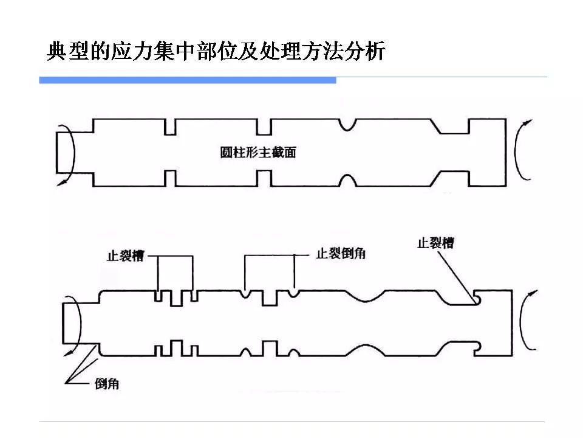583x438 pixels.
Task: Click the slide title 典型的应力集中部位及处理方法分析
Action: pos(216,52)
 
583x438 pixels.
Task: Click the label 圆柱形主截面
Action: pos(257,153)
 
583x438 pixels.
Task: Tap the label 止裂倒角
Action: pos(340,254)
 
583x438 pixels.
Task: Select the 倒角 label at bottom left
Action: pos(107,384)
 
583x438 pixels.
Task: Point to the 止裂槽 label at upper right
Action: pos(435,243)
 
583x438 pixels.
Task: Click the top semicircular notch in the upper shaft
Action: pos(348,123)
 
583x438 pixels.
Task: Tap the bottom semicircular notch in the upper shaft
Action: pos(348,181)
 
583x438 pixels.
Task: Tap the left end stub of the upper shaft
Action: pos(63,152)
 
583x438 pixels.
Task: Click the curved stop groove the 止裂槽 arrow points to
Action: pos(478,298)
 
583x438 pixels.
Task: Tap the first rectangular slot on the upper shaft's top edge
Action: pos(170,126)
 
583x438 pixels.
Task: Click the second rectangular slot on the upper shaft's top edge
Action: pos(263,126)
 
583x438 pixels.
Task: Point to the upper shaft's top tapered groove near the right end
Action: pos(453,126)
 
